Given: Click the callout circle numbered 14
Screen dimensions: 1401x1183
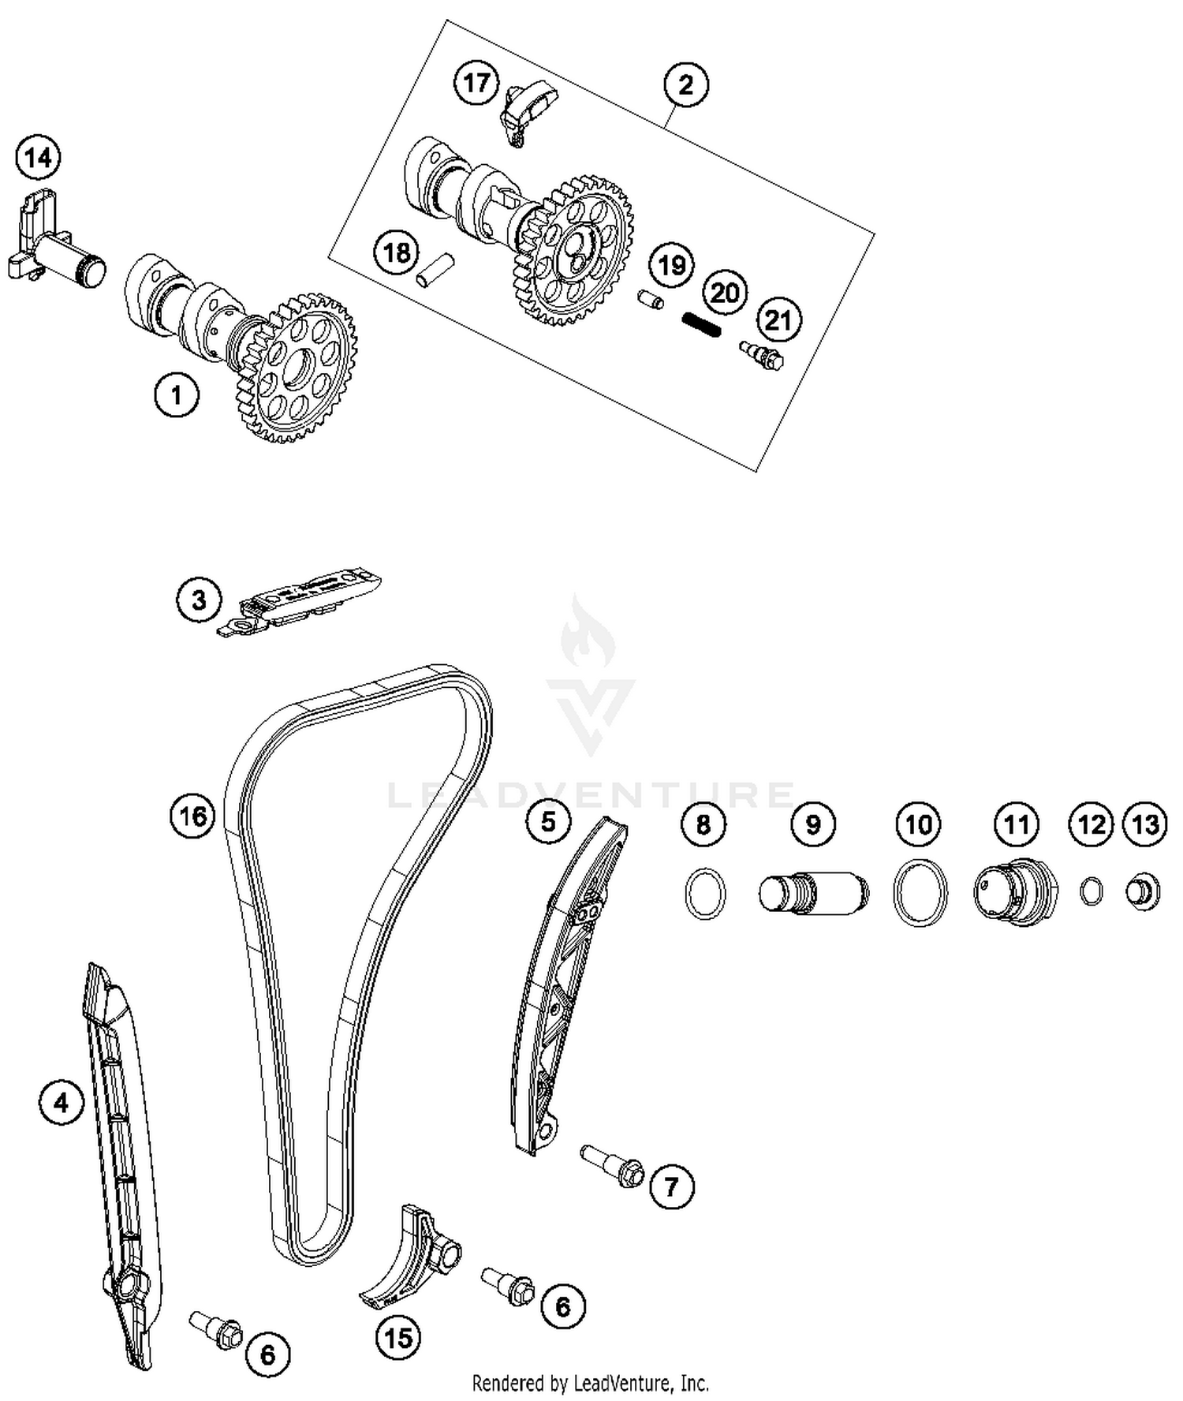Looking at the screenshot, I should point(38,159).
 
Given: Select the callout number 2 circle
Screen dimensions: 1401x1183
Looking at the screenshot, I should point(685,84).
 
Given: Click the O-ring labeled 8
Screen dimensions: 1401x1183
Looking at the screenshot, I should point(704,892).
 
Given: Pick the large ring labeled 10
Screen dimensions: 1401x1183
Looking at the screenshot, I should point(920,893).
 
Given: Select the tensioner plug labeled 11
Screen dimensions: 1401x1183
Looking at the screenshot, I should point(1014,892).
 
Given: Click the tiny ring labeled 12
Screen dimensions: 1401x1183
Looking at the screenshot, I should point(1092,891).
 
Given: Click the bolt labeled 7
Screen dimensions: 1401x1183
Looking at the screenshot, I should point(614,1166).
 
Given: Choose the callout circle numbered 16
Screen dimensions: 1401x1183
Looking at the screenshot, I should point(193,815).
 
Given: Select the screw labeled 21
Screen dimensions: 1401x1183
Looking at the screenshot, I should point(762,355).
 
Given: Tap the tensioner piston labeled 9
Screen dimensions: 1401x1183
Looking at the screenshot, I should point(814,893).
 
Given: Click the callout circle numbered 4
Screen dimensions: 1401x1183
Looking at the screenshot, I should point(62,1102).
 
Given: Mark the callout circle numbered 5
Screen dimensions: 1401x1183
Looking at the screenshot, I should point(548,822).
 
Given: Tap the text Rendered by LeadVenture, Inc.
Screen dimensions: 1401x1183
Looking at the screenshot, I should point(590,1382).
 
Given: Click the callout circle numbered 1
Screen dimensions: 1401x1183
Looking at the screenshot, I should point(176,394).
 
